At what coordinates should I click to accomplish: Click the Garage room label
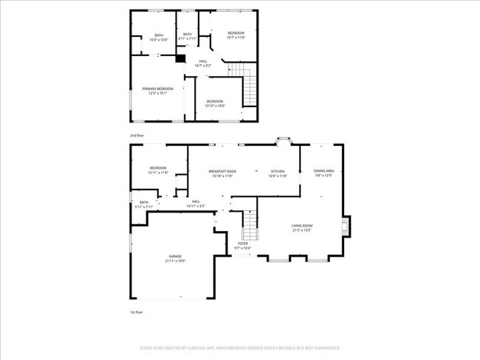click(174, 256)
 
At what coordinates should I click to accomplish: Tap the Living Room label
click(301, 226)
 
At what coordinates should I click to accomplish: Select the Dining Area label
click(323, 170)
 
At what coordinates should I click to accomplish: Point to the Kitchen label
click(277, 170)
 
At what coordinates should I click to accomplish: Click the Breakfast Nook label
click(222, 170)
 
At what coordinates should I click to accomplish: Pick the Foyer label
click(243, 243)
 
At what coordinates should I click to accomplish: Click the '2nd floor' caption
click(137, 136)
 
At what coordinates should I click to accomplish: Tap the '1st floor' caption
click(136, 312)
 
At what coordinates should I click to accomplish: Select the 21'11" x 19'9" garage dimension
click(174, 260)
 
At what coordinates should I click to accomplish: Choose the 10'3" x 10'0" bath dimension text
click(159, 40)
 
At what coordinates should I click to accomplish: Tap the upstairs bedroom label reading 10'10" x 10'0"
click(215, 105)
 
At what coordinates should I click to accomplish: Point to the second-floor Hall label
click(201, 62)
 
